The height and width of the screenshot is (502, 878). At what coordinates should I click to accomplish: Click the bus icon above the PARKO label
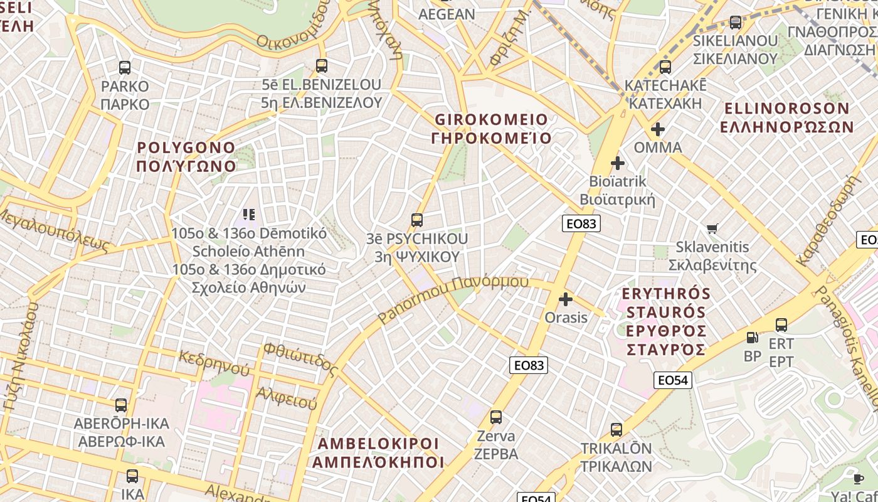coord(125,68)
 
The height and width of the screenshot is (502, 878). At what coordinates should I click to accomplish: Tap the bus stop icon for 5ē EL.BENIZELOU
coord(322,66)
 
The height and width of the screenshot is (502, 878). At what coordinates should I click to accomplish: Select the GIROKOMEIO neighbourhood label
coord(491,129)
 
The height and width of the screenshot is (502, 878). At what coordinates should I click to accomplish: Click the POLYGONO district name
coord(186,157)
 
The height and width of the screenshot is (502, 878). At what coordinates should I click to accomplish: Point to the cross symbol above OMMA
coord(657,130)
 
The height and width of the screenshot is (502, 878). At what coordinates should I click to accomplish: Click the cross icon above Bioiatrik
coord(618,163)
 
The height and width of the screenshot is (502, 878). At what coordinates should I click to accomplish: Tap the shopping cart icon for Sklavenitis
coord(712,229)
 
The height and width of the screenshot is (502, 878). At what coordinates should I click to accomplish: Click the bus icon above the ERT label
coord(781,325)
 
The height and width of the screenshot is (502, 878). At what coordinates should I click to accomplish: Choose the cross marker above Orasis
coord(566,299)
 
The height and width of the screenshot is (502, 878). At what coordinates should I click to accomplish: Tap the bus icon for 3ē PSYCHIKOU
coord(417,220)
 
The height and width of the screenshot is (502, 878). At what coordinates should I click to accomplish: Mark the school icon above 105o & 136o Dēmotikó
coord(249,215)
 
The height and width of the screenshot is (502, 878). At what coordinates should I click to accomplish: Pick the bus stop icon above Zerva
coord(496,417)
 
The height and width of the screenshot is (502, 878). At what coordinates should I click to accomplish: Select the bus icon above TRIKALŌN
coord(616,430)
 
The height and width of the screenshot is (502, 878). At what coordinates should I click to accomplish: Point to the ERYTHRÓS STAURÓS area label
coord(666,321)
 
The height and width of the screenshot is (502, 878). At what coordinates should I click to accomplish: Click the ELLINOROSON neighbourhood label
coord(786,117)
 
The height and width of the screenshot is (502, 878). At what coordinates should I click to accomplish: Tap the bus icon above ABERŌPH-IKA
coord(120,405)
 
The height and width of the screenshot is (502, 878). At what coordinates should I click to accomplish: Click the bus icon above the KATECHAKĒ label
coord(665,67)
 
